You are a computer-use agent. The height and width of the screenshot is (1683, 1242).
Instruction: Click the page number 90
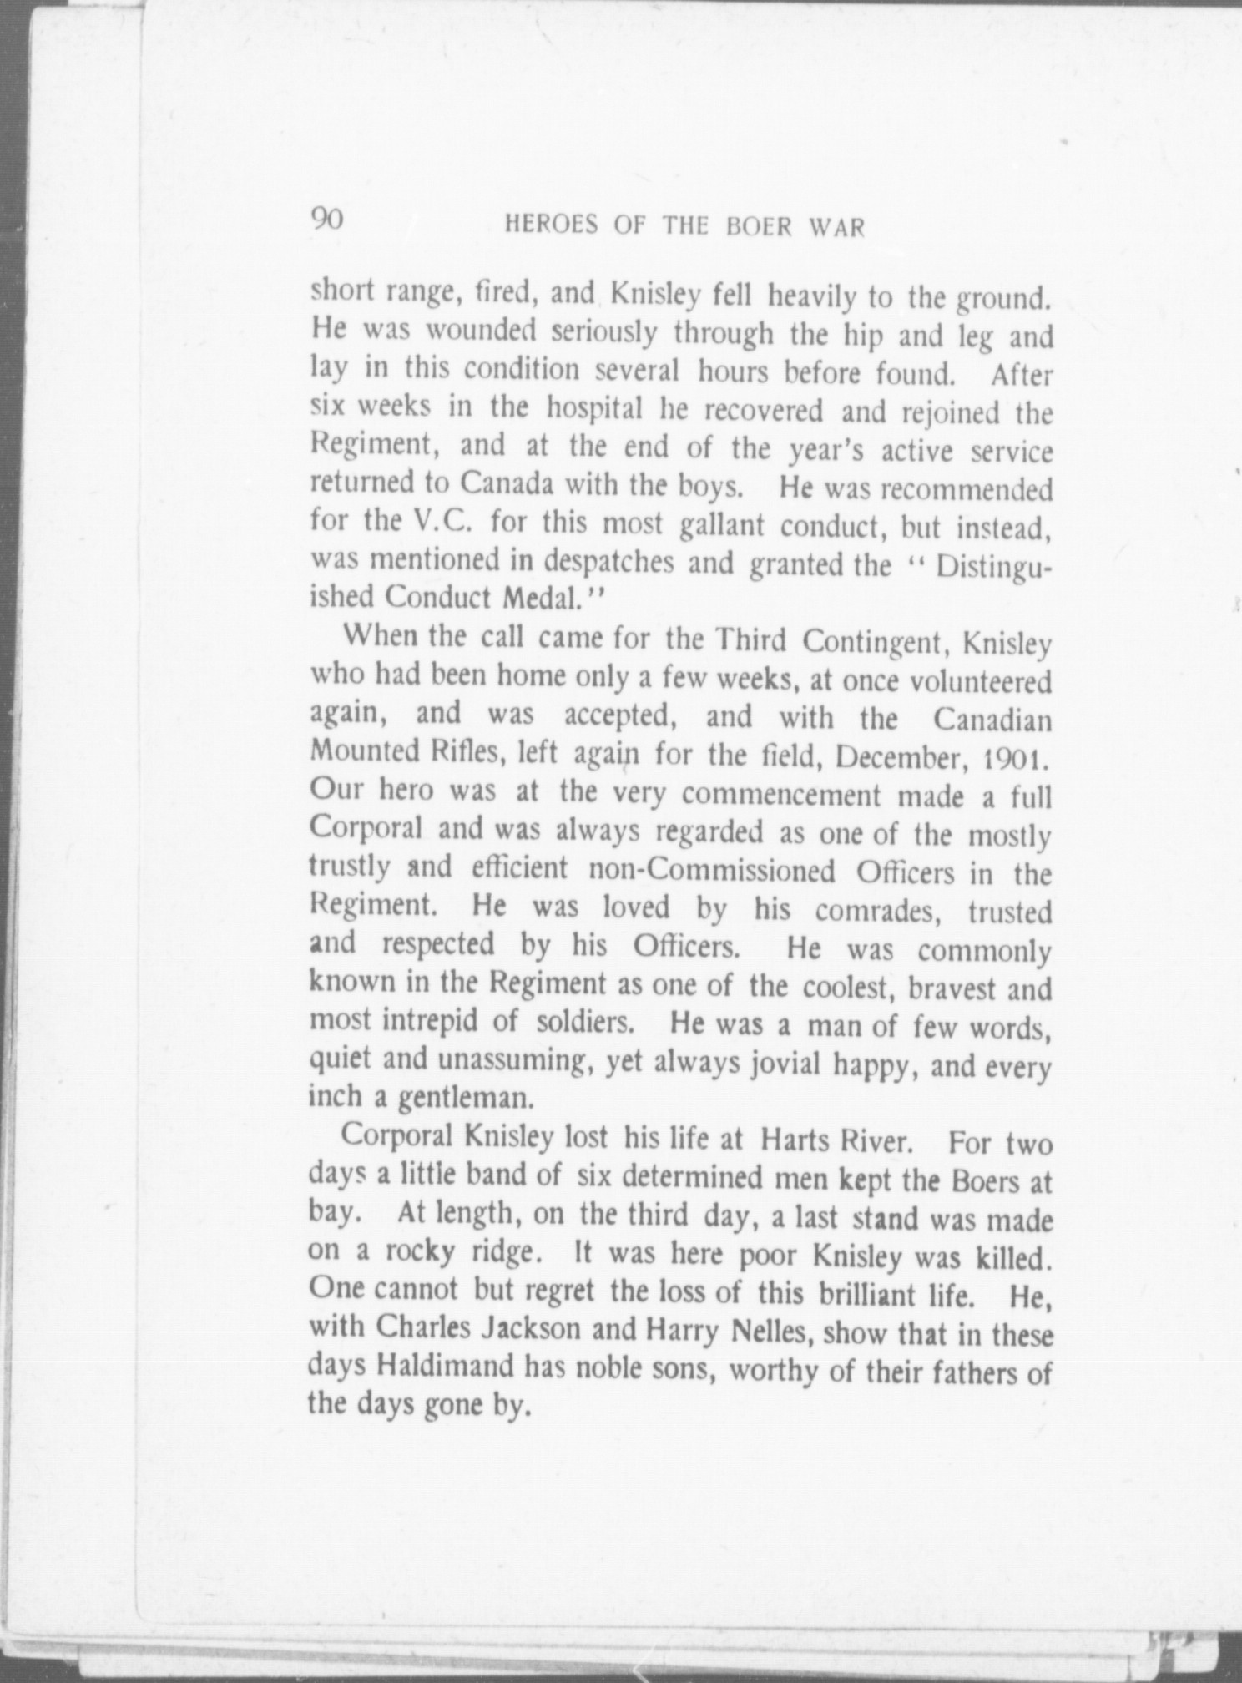[326, 220]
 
